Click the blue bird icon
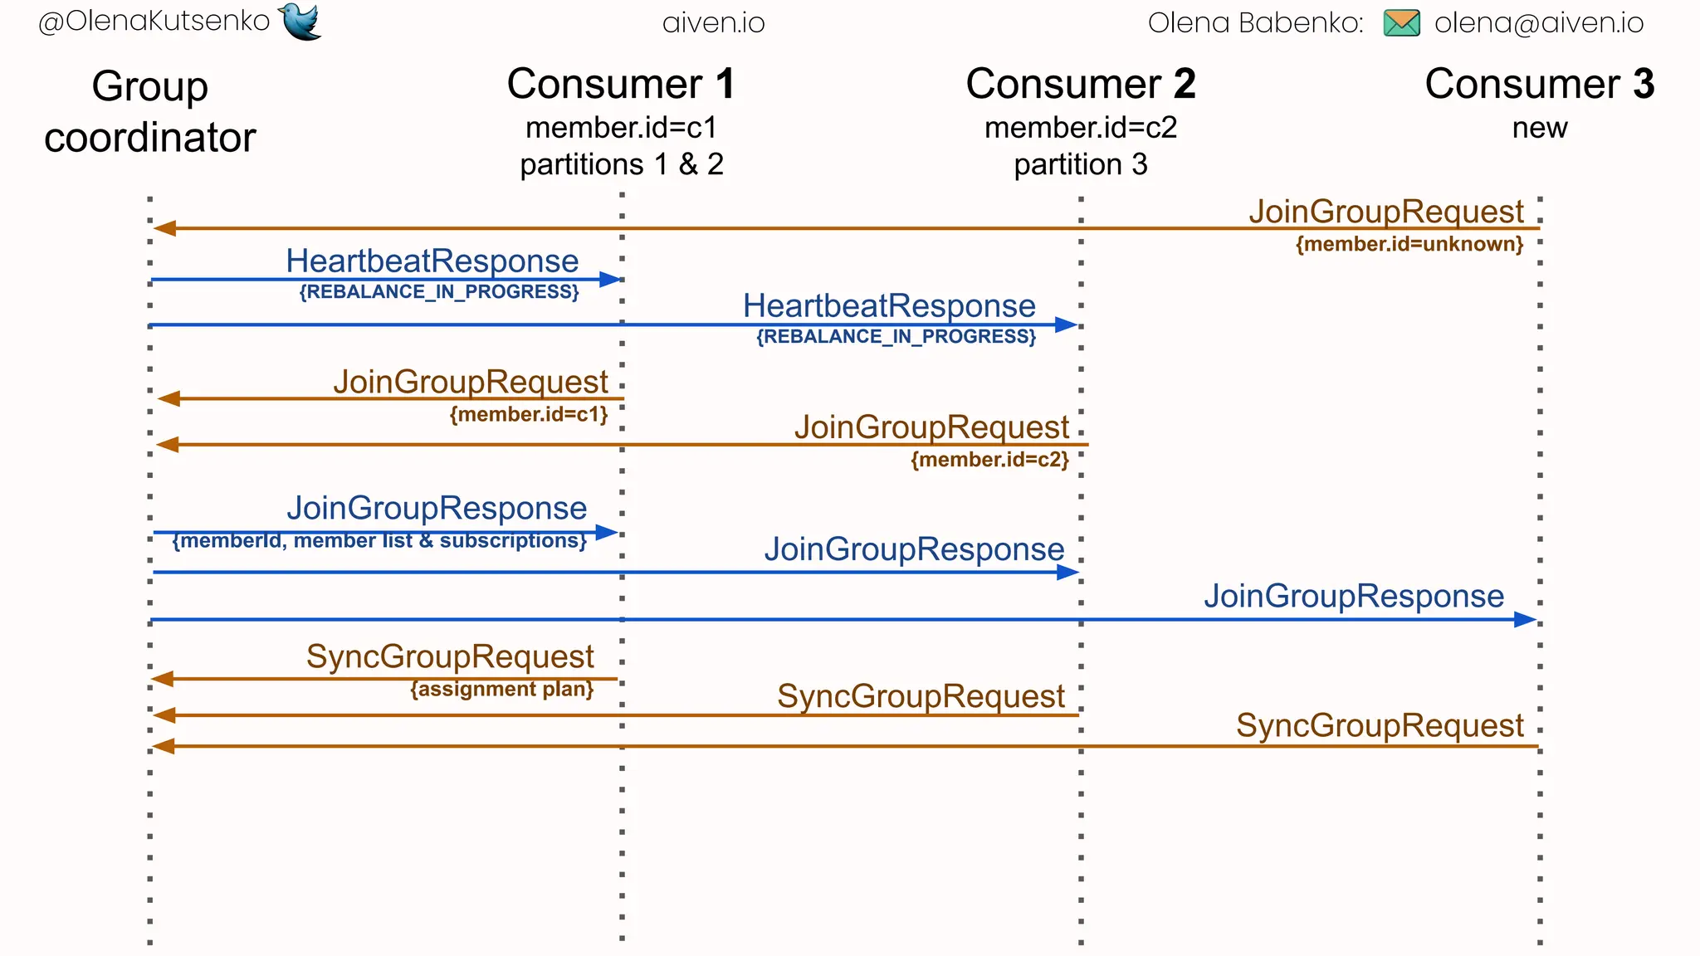pyautogui.click(x=300, y=22)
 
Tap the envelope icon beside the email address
pyautogui.click(x=1401, y=23)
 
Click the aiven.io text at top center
pyautogui.click(x=713, y=23)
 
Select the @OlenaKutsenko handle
pyautogui.click(x=154, y=22)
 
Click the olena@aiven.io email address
pyautogui.click(x=1538, y=23)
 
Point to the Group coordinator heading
pyautogui.click(x=150, y=112)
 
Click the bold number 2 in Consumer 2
pyautogui.click(x=1184, y=85)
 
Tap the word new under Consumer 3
pyautogui.click(x=1539, y=129)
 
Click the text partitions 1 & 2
pyautogui.click(x=622, y=164)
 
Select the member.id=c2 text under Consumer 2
pyautogui.click(x=1080, y=128)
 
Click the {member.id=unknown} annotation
pyautogui.click(x=1409, y=244)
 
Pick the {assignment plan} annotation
pyautogui.click(x=501, y=690)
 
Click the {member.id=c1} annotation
pyautogui.click(x=529, y=414)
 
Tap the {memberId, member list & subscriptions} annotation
pyautogui.click(x=379, y=541)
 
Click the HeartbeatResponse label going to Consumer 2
pyautogui.click(x=889, y=306)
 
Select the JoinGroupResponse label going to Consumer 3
pyautogui.click(x=1354, y=596)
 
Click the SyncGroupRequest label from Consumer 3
pyautogui.click(x=1380, y=725)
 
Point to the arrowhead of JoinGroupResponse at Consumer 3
pyautogui.click(x=1525, y=620)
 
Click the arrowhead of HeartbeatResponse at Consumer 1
pyautogui.click(x=610, y=280)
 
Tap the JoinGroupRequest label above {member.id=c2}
pyautogui.click(x=931, y=427)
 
